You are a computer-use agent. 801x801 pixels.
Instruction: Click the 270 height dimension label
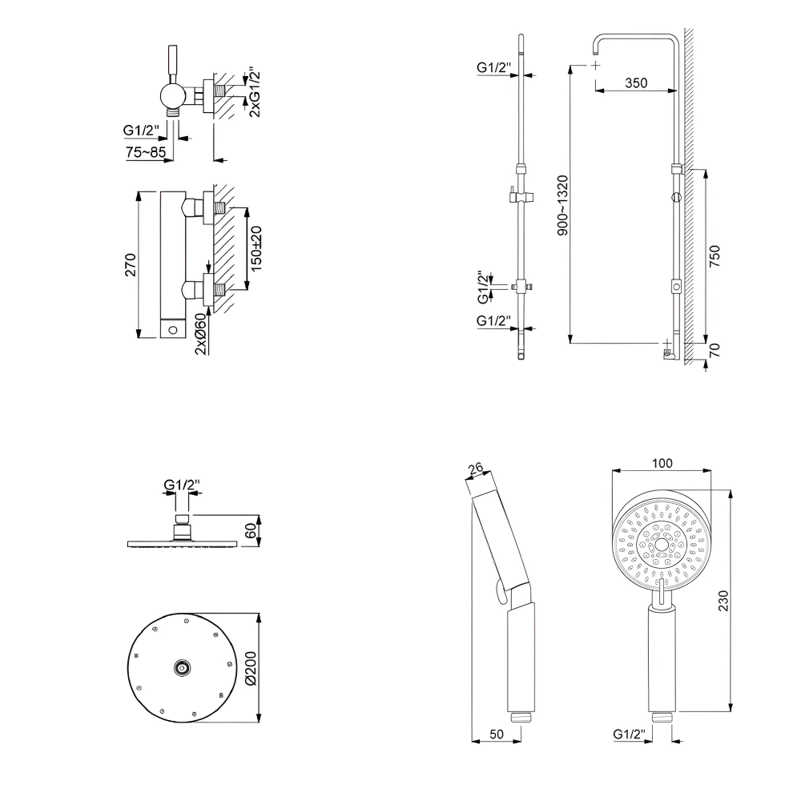point(131,265)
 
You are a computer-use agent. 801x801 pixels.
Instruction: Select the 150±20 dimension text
point(256,248)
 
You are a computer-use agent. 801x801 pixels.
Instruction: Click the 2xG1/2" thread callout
point(255,92)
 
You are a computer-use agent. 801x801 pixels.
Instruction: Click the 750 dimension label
point(715,255)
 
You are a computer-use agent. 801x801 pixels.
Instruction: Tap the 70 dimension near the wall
point(715,350)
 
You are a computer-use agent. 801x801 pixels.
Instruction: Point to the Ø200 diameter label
point(249,668)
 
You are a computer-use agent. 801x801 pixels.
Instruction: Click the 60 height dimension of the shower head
point(251,530)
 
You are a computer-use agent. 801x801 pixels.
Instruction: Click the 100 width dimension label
point(662,463)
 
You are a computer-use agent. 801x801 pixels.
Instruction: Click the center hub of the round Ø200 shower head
point(183,666)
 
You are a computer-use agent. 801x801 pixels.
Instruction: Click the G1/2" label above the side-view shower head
point(182,485)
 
